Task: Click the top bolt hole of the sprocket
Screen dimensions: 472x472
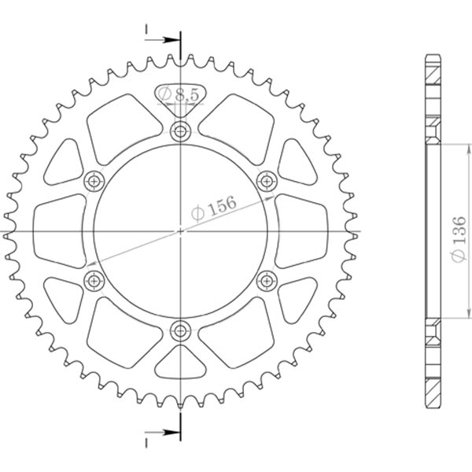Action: pos(182,131)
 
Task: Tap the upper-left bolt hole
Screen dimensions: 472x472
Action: pos(95,181)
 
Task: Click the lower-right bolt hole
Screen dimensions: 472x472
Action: pos(267,279)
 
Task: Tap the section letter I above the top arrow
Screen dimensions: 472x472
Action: pos(146,28)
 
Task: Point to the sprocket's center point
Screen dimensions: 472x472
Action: pos(182,230)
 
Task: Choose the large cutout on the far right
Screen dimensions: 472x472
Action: pos(302,230)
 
